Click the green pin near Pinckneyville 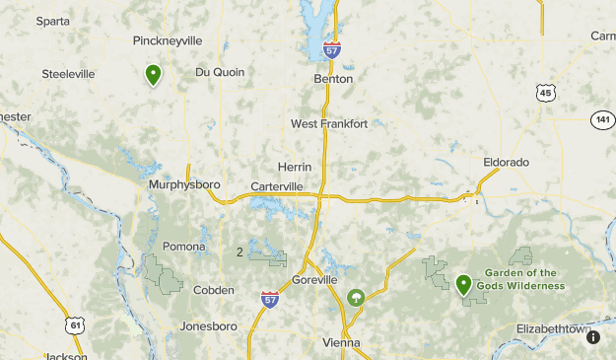pyautogui.click(x=153, y=74)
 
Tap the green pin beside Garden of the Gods pyautogui.click(x=463, y=285)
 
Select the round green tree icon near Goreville pyautogui.click(x=355, y=296)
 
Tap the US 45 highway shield pyautogui.click(x=546, y=93)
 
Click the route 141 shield pyautogui.click(x=602, y=119)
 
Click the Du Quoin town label pyautogui.click(x=220, y=71)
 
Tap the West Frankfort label pyautogui.click(x=329, y=123)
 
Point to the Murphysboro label pyautogui.click(x=184, y=184)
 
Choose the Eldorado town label pyautogui.click(x=507, y=161)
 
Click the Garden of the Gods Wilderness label pyautogui.click(x=520, y=279)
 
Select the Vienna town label pyautogui.click(x=341, y=342)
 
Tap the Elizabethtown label pyautogui.click(x=553, y=328)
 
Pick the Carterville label pyautogui.click(x=277, y=185)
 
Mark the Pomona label pyautogui.click(x=184, y=247)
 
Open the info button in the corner pyautogui.click(x=593, y=337)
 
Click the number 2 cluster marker pyautogui.click(x=240, y=252)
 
